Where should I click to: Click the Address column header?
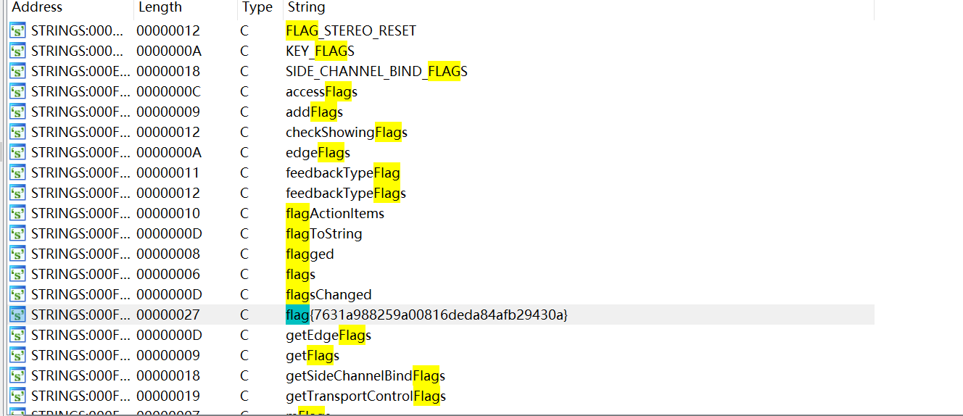click(x=37, y=7)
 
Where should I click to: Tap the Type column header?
click(x=257, y=7)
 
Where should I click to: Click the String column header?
click(x=306, y=7)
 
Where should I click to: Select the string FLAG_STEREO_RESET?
click(x=351, y=31)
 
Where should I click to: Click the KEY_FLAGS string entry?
click(x=320, y=51)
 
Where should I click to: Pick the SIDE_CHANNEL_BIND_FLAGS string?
click(x=376, y=71)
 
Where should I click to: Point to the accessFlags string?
click(x=321, y=92)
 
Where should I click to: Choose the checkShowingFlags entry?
click(x=346, y=133)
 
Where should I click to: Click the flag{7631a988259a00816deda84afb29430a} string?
click(x=426, y=315)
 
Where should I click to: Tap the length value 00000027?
click(x=168, y=315)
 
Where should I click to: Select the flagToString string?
click(x=323, y=234)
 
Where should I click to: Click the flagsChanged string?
click(x=328, y=295)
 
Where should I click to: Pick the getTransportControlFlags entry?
click(x=365, y=396)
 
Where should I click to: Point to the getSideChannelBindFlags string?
click(x=365, y=376)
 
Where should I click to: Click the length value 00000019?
click(x=168, y=396)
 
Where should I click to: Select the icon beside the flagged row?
click(x=17, y=254)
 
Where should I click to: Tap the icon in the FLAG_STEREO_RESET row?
click(x=17, y=31)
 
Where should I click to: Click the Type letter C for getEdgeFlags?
click(x=244, y=336)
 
